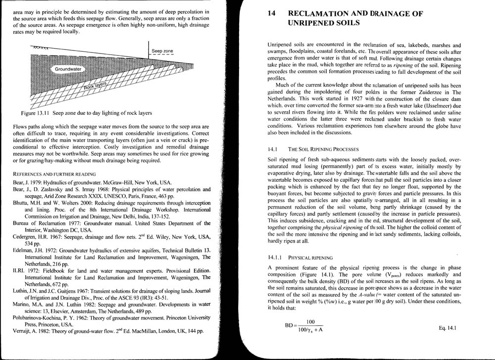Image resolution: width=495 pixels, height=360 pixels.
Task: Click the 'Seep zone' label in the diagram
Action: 162,51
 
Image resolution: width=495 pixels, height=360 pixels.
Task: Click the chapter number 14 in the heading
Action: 271,14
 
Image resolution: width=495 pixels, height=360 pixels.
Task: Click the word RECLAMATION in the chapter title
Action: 322,14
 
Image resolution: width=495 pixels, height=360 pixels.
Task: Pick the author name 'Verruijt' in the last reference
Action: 23,331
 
